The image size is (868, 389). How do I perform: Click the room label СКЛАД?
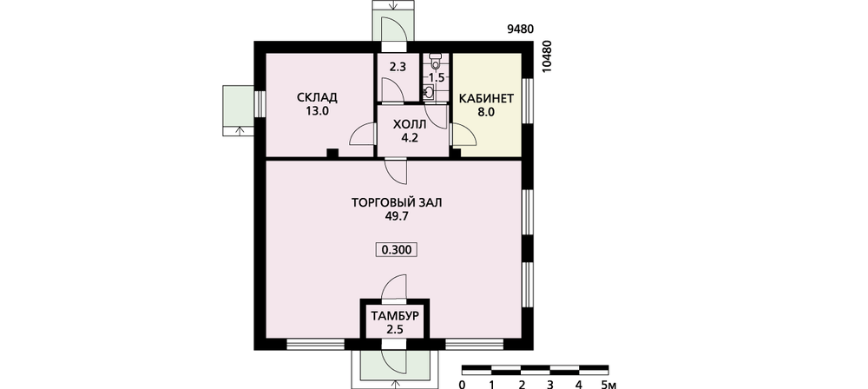click(317, 98)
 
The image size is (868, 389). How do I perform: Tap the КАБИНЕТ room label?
click(487, 99)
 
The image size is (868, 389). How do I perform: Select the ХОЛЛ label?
click(410, 124)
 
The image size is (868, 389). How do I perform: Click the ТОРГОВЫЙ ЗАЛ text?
click(397, 203)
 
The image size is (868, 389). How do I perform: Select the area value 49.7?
click(397, 216)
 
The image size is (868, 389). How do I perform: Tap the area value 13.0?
click(317, 111)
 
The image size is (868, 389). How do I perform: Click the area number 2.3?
click(398, 68)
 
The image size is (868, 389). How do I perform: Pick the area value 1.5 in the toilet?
click(437, 77)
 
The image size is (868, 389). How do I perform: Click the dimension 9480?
click(520, 30)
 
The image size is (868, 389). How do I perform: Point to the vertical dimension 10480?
click(548, 57)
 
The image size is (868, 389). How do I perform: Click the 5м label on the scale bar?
click(608, 384)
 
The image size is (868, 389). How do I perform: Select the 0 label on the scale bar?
click(463, 384)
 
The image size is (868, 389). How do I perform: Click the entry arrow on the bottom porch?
click(394, 384)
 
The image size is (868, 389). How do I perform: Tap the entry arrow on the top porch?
click(393, 5)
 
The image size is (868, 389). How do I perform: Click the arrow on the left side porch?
click(239, 131)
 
